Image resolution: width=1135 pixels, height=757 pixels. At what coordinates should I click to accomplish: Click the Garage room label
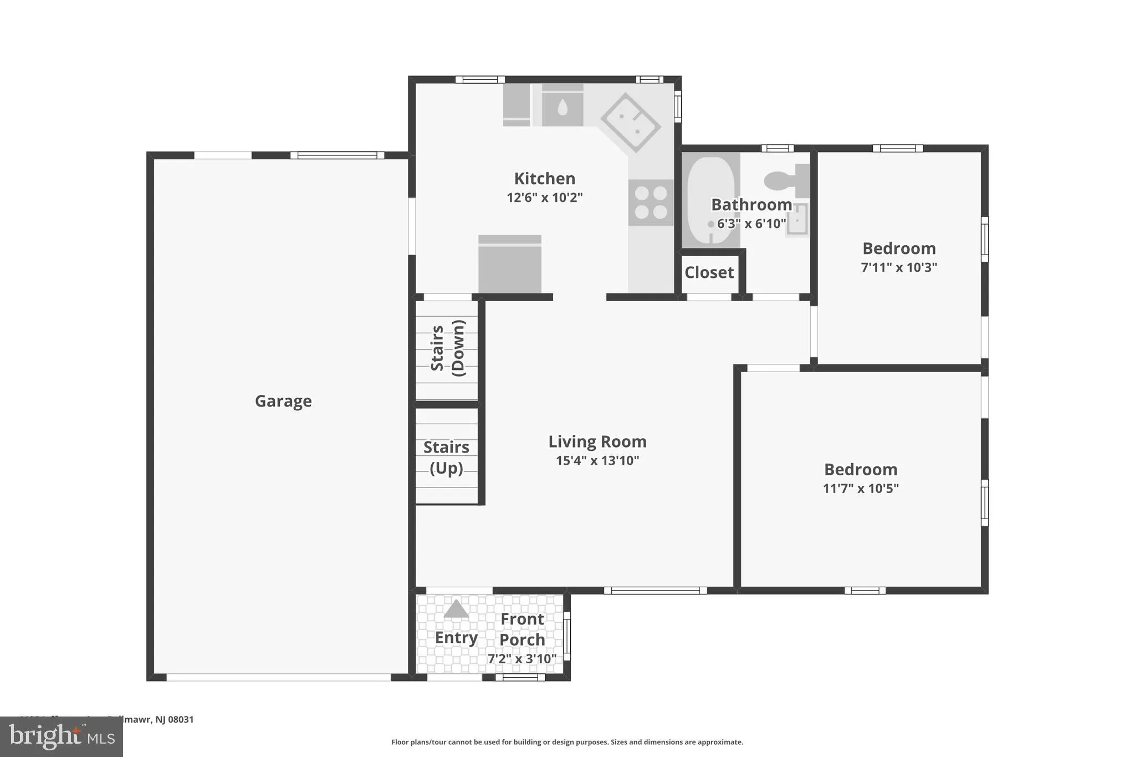tap(283, 401)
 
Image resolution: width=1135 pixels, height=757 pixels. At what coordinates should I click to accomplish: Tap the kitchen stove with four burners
tap(651, 202)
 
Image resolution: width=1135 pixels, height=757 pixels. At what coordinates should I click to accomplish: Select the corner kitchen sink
tap(631, 123)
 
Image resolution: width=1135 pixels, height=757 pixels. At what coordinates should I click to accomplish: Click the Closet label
tap(709, 272)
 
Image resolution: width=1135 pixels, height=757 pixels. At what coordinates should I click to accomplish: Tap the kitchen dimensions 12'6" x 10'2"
tap(544, 197)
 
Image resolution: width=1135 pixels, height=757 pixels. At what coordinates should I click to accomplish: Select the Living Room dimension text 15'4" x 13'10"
tap(597, 460)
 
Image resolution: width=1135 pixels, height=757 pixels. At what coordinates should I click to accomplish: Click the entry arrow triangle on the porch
tap(456, 609)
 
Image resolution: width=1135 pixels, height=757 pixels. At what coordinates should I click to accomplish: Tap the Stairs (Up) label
tap(446, 458)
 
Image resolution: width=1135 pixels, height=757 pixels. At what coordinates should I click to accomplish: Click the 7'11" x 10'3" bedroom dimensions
tap(898, 267)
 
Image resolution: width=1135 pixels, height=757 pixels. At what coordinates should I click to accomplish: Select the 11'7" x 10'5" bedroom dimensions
tap(860, 489)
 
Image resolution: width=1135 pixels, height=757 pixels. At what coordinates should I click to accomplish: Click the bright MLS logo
tap(62, 736)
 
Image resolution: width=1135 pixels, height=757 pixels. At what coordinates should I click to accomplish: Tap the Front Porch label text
tap(522, 629)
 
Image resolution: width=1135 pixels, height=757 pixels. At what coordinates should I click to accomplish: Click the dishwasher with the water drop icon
tap(562, 106)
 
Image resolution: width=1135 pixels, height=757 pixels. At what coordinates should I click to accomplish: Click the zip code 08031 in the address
tap(181, 719)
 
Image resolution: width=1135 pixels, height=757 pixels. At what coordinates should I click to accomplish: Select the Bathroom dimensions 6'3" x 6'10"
tap(751, 224)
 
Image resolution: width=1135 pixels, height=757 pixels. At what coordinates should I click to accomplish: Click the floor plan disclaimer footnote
tap(567, 742)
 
